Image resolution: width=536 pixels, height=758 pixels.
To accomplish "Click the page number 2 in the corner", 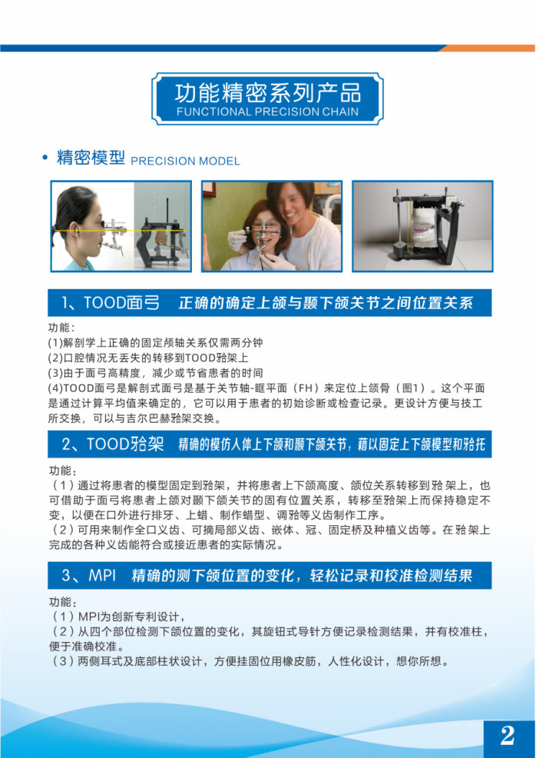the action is point(507,736).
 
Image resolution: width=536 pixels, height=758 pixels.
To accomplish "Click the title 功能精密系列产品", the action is point(267,93).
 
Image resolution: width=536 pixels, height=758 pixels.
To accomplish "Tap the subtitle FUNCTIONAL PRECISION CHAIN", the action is point(267,112).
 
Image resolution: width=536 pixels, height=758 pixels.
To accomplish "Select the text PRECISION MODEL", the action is point(185,161).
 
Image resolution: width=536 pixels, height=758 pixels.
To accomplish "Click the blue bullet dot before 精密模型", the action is point(45,158).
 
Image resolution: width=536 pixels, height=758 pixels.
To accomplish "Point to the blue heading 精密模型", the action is point(91,158).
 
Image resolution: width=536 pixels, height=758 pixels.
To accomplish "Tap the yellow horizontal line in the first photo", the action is point(121,231).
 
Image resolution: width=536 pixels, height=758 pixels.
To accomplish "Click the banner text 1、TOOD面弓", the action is point(110,303).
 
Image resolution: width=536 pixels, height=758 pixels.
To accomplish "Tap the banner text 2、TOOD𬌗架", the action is point(113,444).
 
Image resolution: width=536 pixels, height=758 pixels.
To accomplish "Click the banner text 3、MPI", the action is point(89,575).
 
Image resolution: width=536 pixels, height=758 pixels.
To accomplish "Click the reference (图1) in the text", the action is point(410,389).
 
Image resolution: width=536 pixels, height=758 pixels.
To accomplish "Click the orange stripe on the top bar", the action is point(487,48).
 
